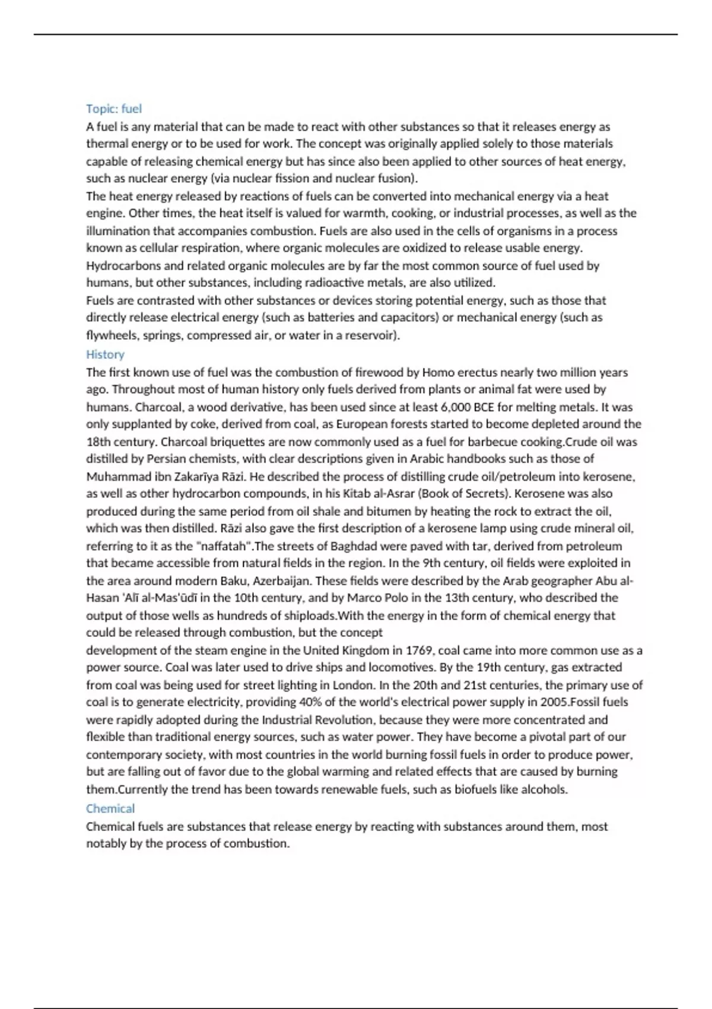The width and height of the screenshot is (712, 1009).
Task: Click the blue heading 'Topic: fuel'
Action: tap(114, 109)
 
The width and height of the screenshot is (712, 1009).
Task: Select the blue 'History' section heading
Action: tap(105, 354)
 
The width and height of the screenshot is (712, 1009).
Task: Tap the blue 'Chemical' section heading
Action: tap(110, 808)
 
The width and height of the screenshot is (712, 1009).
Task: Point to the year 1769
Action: tap(419, 650)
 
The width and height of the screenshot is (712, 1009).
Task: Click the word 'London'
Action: tap(353, 685)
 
